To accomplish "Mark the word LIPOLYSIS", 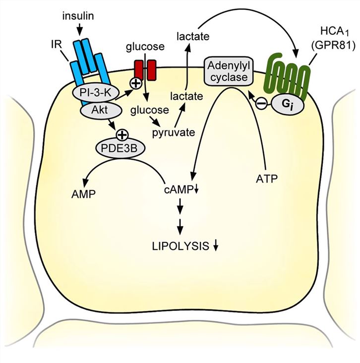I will [177, 246].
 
